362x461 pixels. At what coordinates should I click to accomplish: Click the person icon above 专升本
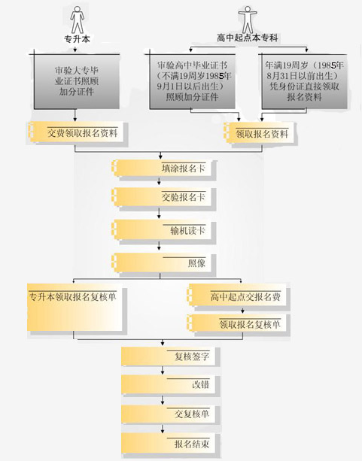(x=77, y=20)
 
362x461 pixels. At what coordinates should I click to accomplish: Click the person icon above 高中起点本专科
(x=248, y=20)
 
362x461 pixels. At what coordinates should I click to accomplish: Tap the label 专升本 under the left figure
(x=77, y=39)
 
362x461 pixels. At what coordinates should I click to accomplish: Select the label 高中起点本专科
(x=247, y=38)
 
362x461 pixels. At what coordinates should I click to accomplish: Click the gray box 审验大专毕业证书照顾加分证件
(x=77, y=81)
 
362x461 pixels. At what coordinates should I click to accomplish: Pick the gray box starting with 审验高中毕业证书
(x=192, y=81)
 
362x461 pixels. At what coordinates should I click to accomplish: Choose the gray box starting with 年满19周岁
(x=305, y=81)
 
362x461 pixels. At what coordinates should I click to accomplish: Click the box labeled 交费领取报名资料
(x=76, y=132)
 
